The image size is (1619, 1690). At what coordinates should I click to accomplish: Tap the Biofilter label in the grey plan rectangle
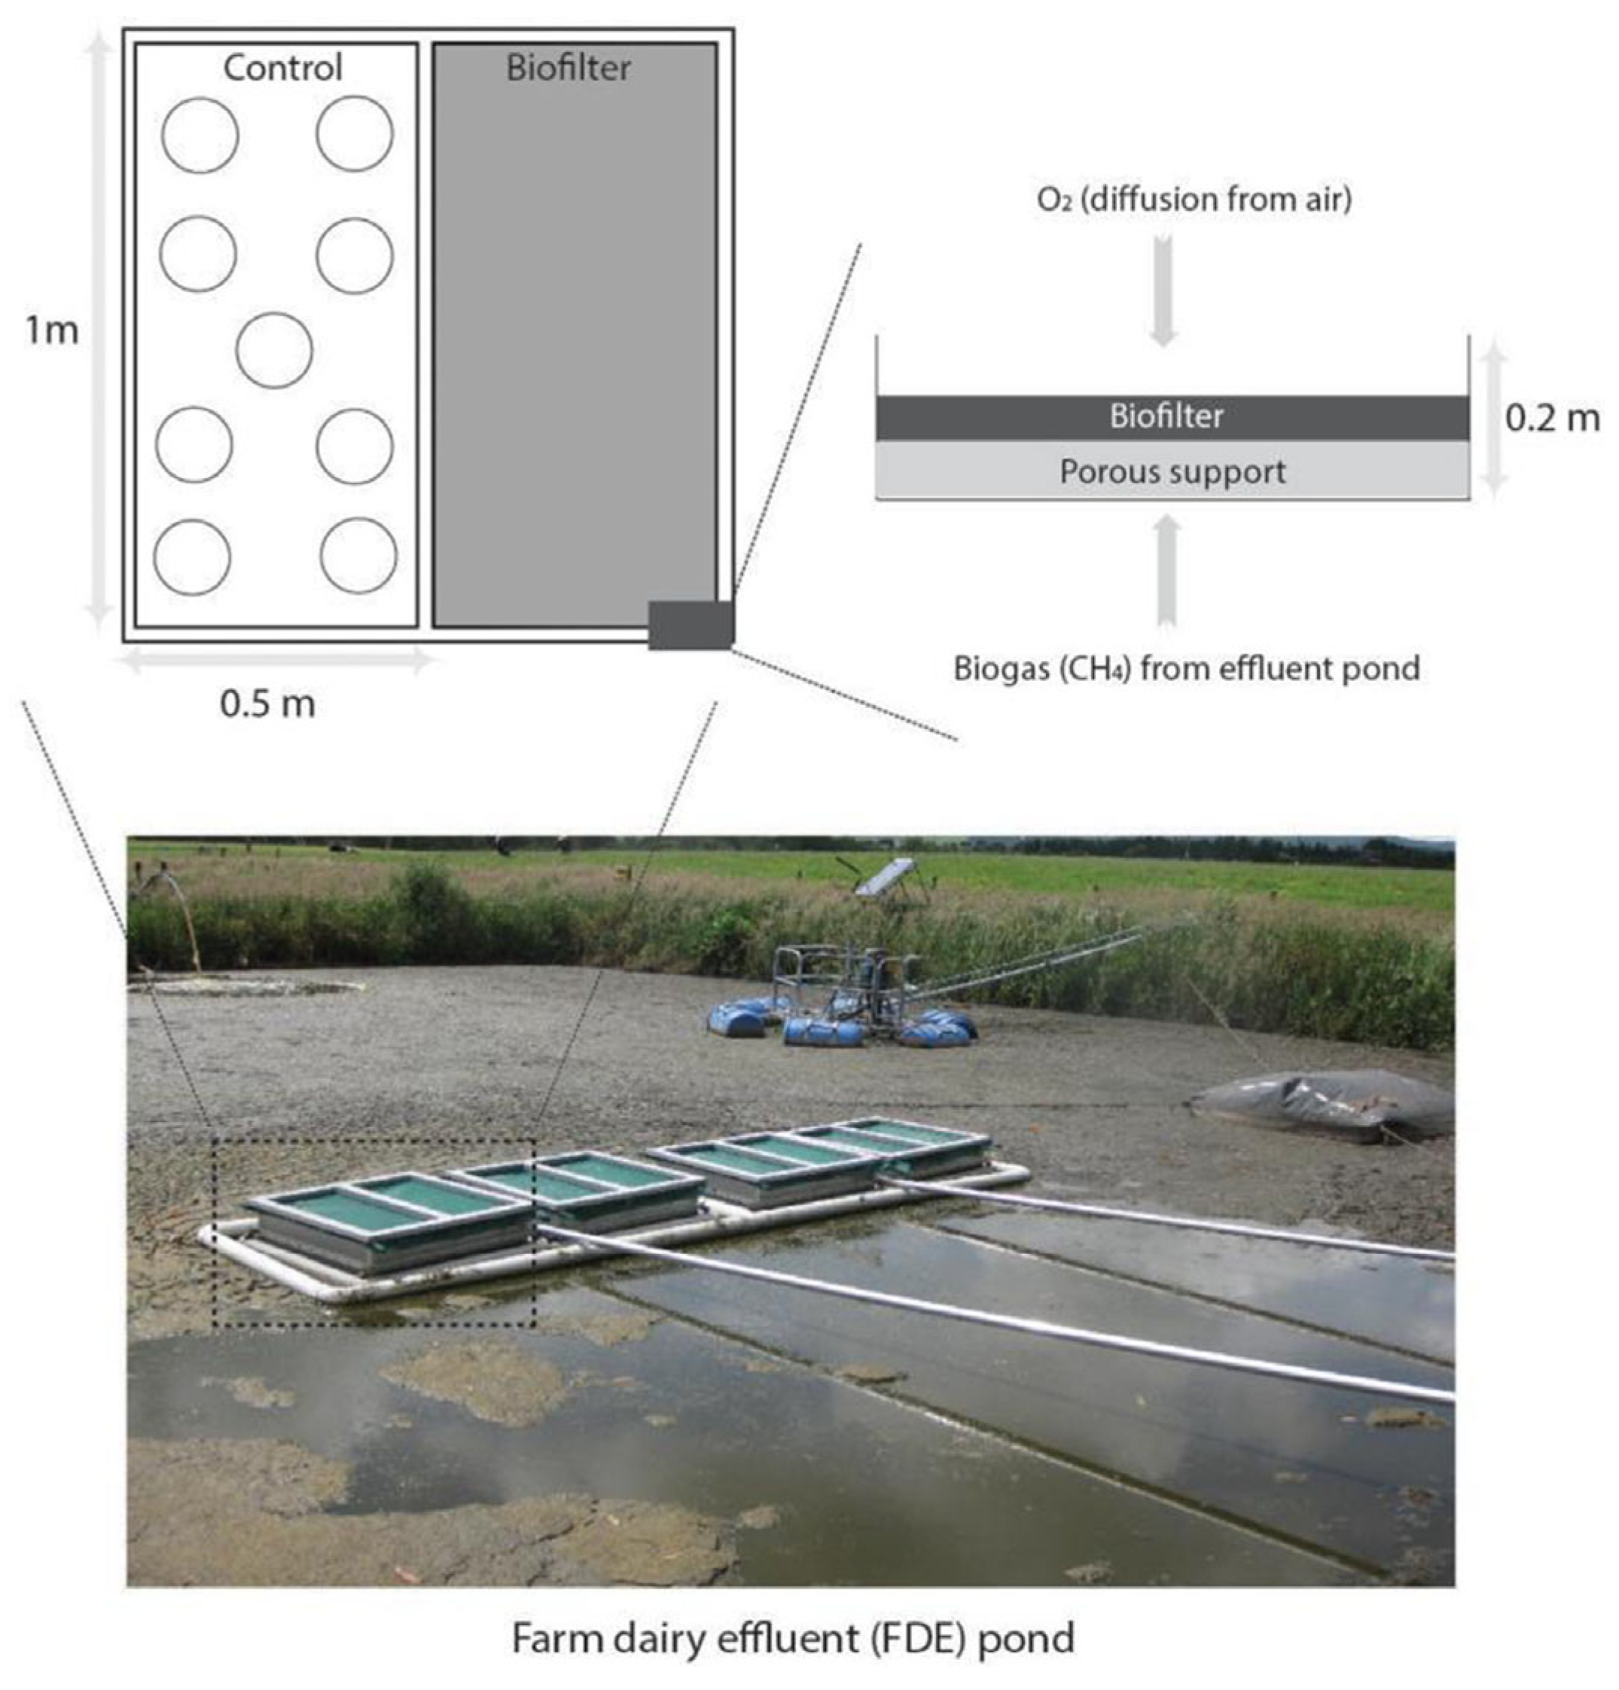click(567, 67)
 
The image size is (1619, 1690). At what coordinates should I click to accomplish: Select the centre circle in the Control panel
click(274, 350)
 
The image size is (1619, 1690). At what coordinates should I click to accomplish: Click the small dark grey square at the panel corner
click(691, 625)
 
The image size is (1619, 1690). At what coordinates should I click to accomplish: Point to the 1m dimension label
click(52, 329)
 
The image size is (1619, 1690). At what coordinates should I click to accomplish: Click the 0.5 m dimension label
click(267, 703)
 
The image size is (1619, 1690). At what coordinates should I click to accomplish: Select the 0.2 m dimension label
click(1552, 418)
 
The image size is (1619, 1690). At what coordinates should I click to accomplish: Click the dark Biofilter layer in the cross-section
click(1172, 418)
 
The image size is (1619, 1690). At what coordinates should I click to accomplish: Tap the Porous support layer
click(1172, 470)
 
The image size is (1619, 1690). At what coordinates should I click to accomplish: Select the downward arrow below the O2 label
click(1163, 290)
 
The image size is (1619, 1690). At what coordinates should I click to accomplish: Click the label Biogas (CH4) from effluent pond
click(1186, 668)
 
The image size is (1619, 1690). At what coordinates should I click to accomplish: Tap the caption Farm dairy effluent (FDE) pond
click(793, 1637)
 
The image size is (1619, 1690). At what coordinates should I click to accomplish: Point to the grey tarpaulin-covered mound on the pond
click(1323, 1106)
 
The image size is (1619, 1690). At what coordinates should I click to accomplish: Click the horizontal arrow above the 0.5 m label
click(276, 662)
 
